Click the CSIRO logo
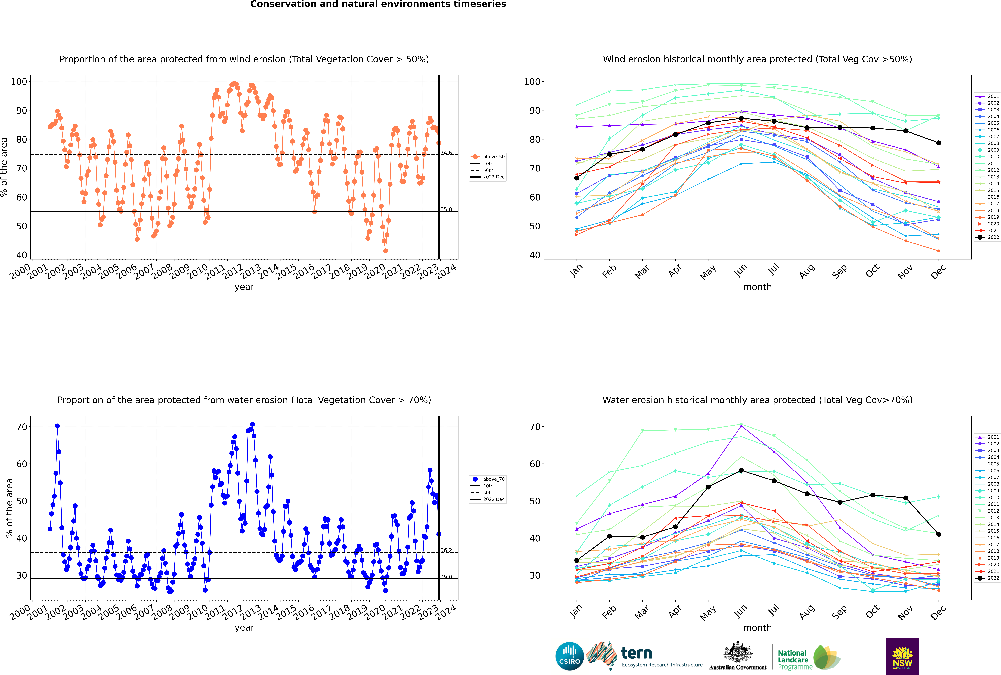[569, 656]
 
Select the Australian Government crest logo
[738, 656]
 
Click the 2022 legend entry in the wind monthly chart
[987, 237]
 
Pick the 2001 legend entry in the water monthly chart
[987, 437]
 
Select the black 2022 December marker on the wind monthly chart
[939, 143]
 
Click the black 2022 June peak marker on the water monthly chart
[741, 471]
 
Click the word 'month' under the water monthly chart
[757, 628]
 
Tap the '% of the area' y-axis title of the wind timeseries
[4, 167]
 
